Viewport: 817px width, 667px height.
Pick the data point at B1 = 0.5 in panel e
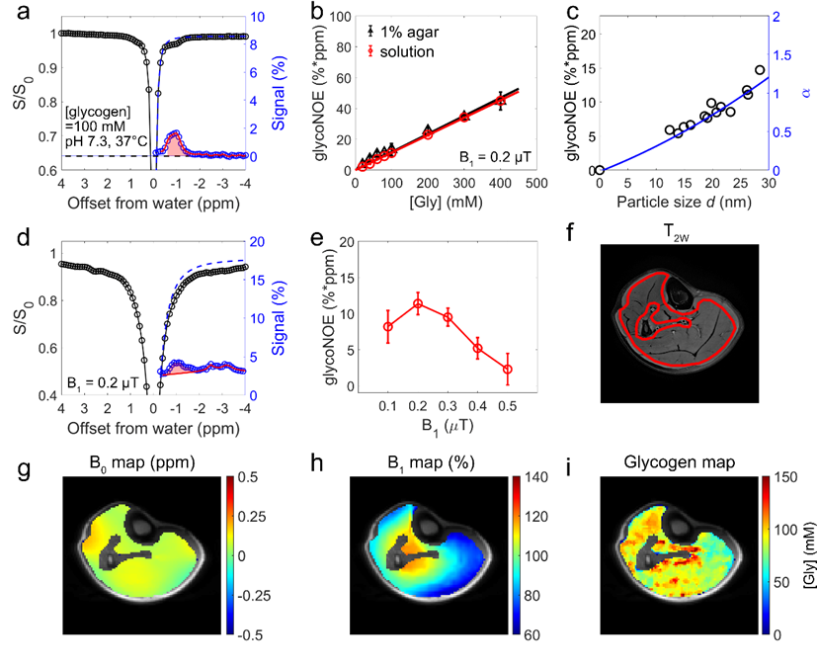507,370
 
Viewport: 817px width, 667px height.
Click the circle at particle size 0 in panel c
600,170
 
